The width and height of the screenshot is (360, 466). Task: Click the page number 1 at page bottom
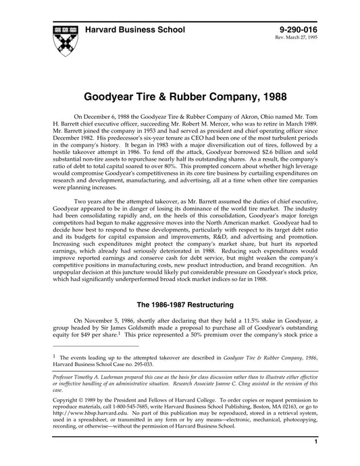pos(315,460)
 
